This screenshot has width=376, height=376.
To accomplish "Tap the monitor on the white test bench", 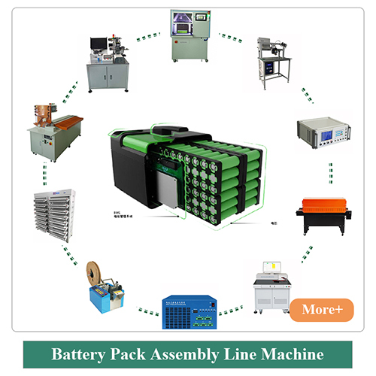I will (x=272, y=268).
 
